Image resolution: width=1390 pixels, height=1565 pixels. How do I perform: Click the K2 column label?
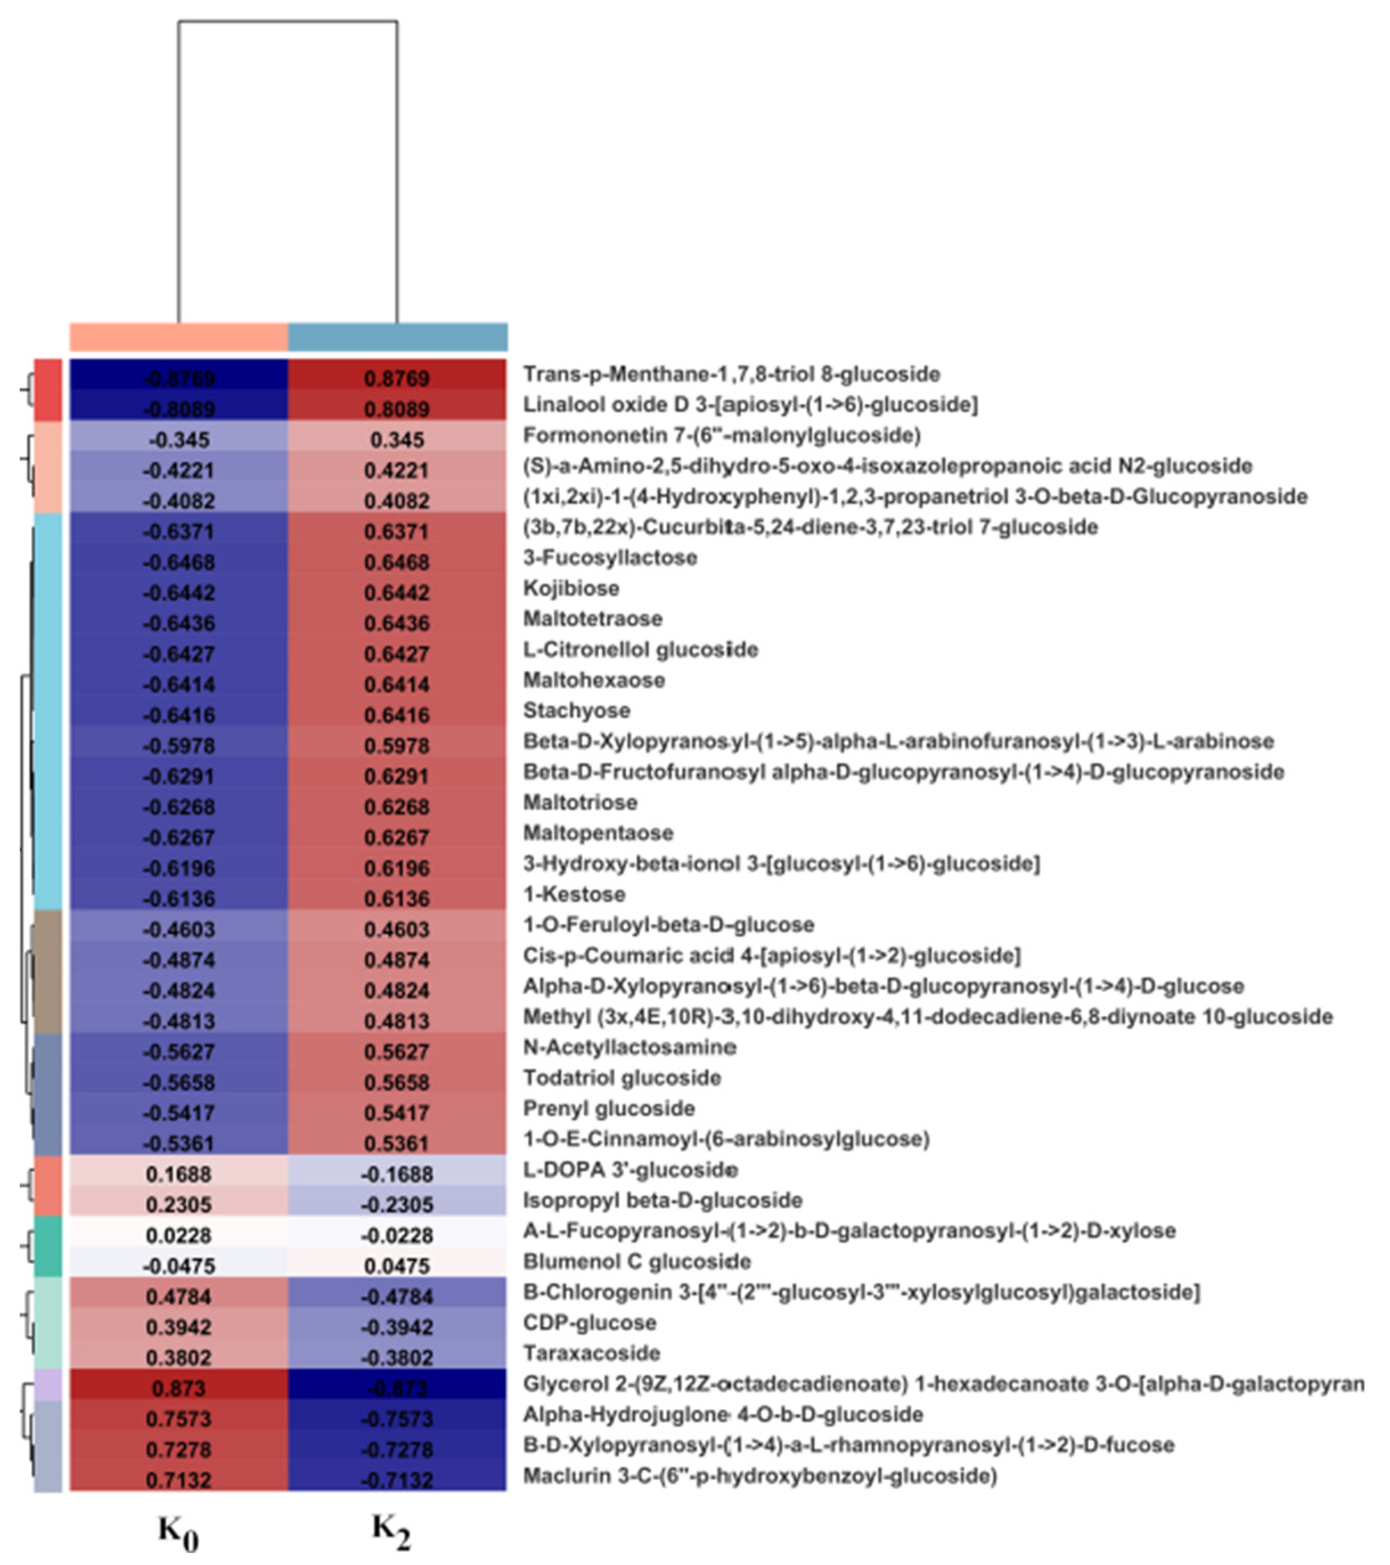pos(392,1529)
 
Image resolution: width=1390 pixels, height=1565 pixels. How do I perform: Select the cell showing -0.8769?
pos(178,377)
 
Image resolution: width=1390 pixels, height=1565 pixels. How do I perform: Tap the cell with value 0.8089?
pos(396,408)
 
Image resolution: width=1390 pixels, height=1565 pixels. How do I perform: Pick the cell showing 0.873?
pos(178,1387)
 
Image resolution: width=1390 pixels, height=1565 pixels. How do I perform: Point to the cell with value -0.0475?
pos(178,1265)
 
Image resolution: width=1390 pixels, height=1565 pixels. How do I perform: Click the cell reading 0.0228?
pos(178,1234)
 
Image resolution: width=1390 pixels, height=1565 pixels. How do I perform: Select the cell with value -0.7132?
pos(396,1480)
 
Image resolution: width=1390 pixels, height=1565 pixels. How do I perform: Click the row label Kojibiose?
pos(571,588)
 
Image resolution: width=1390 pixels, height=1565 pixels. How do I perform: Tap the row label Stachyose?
pos(577,711)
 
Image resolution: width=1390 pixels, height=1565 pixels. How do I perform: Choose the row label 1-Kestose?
pos(574,894)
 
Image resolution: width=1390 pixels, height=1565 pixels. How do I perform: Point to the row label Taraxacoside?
pos(591,1353)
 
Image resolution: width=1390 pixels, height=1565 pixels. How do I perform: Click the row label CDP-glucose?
pos(590,1322)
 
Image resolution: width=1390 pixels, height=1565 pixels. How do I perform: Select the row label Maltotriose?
pos(580,802)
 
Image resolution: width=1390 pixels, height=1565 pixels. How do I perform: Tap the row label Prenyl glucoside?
pos(608,1108)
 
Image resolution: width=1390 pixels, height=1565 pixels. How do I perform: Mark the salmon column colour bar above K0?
pos(178,337)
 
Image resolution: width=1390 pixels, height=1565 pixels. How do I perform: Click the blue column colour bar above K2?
pos(397,337)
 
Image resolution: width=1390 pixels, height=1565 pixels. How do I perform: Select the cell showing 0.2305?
pos(178,1204)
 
